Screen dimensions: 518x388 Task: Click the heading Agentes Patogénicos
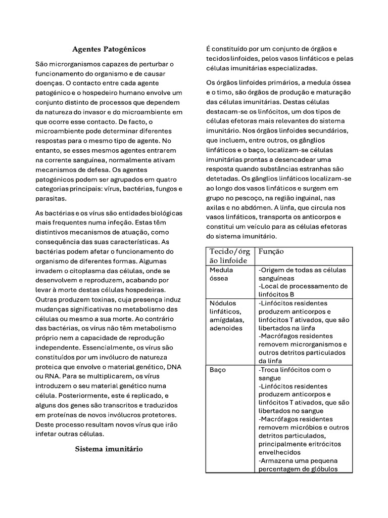click(x=109, y=49)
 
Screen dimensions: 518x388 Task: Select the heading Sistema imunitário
click(x=109, y=449)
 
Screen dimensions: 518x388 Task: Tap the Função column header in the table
click(x=271, y=251)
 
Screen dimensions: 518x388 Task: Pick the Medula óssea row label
click(x=221, y=274)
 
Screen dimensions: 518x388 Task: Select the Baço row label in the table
click(x=218, y=370)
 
